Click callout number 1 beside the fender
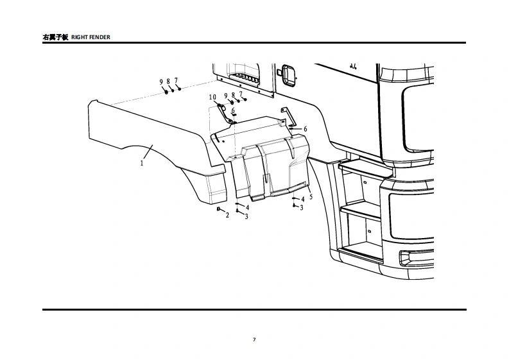tap(141, 163)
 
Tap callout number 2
tap(227, 215)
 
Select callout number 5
tap(311, 197)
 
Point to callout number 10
tap(212, 97)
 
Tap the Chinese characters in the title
tap(55, 37)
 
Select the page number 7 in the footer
tap(254, 339)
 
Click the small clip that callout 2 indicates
tap(220, 209)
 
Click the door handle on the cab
tap(288, 75)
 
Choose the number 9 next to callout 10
tap(226, 96)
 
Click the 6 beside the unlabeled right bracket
tap(305, 129)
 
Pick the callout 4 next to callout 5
tap(302, 200)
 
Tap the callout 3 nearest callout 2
tap(246, 216)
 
